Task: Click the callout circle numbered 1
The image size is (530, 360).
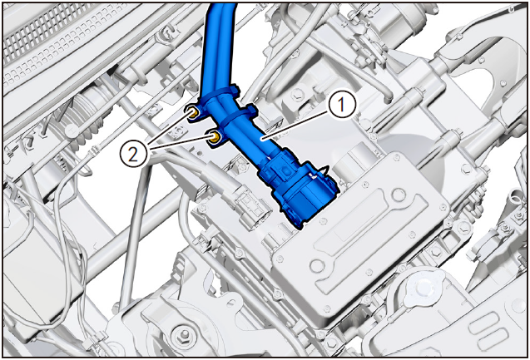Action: pyautogui.click(x=342, y=106)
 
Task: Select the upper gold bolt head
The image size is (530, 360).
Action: pyautogui.click(x=193, y=113)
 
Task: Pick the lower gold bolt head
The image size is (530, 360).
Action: pyautogui.click(x=215, y=137)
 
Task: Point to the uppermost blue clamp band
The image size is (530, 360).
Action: pyautogui.click(x=219, y=95)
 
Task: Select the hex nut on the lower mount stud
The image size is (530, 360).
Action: pyautogui.click(x=185, y=334)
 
